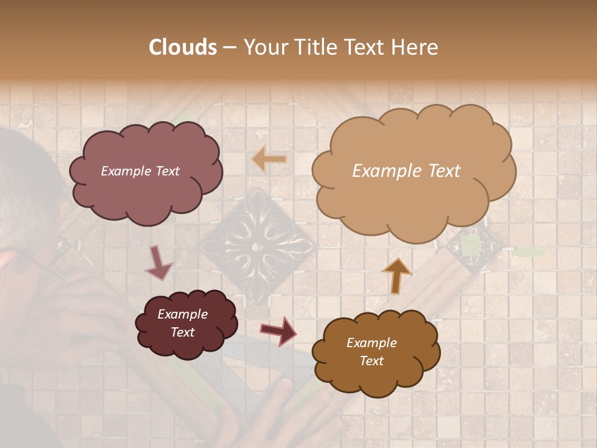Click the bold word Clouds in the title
pyautogui.click(x=183, y=47)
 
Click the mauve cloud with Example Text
pyautogui.click(x=145, y=171)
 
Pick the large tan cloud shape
pyautogui.click(x=414, y=169)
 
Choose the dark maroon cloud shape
pyautogui.click(x=187, y=324)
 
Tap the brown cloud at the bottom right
pyautogui.click(x=376, y=352)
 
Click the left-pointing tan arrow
pyautogui.click(x=269, y=159)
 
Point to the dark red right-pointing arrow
pyautogui.click(x=279, y=330)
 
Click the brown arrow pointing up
pyautogui.click(x=396, y=275)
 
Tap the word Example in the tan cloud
pyautogui.click(x=381, y=171)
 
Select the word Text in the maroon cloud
pyautogui.click(x=183, y=332)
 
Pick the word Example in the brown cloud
pyautogui.click(x=371, y=343)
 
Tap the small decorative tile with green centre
pyautogui.click(x=471, y=246)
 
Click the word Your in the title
pyautogui.click(x=261, y=47)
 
